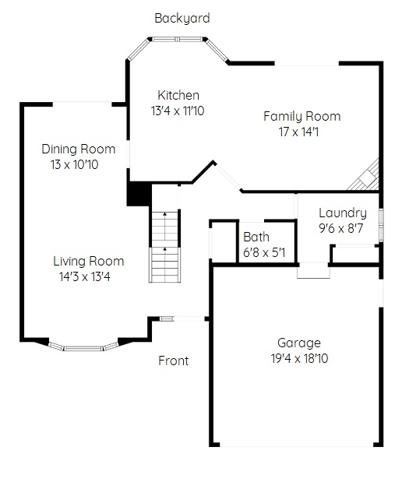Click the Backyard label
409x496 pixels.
182,19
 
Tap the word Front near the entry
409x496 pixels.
173,361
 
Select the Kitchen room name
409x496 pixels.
178,95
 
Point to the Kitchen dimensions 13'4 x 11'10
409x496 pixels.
178,111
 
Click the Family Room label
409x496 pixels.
302,117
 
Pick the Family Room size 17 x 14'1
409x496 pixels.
298,132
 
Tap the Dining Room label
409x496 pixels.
79,149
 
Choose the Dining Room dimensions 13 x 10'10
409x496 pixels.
74,164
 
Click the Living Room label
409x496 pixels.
88,262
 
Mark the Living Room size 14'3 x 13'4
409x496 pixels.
84,276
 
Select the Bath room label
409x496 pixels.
256,237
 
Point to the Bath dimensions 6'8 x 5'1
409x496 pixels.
264,252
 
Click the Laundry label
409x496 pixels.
343,213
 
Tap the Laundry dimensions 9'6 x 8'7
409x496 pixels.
340,228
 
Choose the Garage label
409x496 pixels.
299,343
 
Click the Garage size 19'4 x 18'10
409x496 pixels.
299,358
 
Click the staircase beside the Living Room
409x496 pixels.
165,246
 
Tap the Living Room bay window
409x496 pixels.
84,347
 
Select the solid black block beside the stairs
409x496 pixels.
139,194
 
